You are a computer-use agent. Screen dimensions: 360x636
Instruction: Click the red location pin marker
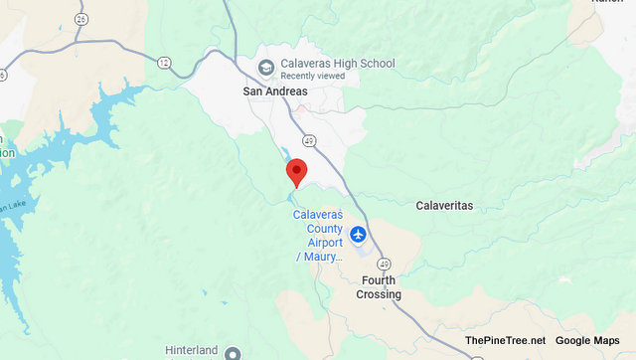(x=295, y=172)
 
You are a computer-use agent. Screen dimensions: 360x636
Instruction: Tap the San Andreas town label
(x=275, y=91)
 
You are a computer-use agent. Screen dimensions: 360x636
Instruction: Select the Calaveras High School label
(x=337, y=64)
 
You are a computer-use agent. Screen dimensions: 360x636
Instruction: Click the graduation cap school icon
(x=265, y=67)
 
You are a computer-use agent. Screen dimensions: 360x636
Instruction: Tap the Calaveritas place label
(x=443, y=206)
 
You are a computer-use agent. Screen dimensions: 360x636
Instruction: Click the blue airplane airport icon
(x=358, y=236)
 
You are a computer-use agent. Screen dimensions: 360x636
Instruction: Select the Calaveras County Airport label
(x=318, y=236)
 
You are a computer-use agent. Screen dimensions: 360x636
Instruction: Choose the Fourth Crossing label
(x=379, y=287)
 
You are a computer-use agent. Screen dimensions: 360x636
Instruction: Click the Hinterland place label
(x=194, y=351)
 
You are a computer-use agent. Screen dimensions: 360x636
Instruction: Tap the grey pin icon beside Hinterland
(x=233, y=353)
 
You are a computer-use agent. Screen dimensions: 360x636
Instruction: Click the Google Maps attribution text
(x=587, y=341)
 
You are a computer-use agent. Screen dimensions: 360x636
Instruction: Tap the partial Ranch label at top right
(x=606, y=3)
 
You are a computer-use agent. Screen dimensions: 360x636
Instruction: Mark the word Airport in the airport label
(x=317, y=242)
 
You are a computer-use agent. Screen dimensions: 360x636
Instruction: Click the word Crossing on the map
(x=379, y=294)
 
